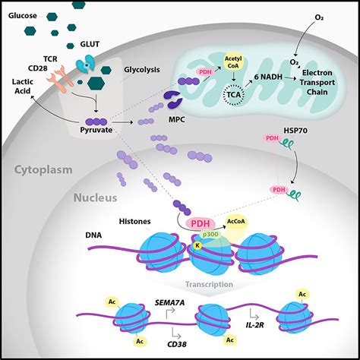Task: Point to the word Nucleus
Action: pyautogui.click(x=95, y=199)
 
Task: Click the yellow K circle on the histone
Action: pyautogui.click(x=197, y=245)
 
